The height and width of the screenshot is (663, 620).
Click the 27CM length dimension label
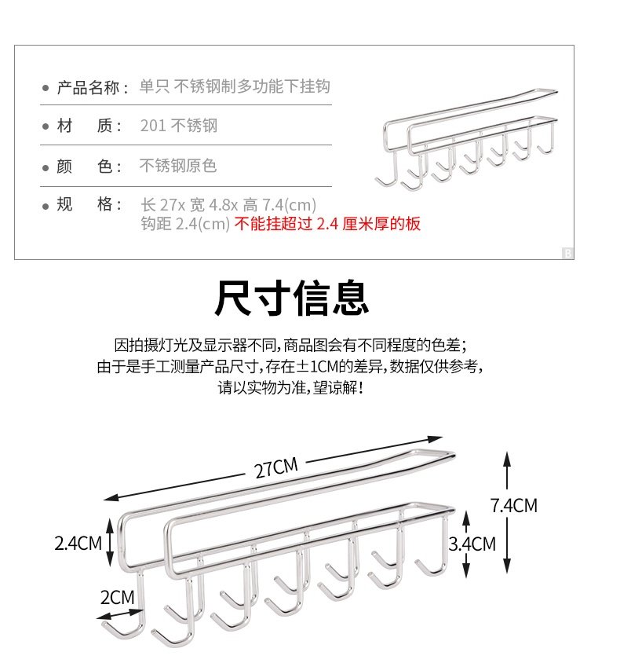click(276, 467)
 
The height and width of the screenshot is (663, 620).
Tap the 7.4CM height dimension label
click(514, 505)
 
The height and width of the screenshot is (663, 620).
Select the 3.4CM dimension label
click(472, 543)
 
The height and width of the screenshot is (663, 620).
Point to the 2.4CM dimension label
click(78, 542)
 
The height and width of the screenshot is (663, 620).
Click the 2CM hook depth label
click(118, 597)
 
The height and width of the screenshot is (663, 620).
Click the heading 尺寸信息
click(292, 299)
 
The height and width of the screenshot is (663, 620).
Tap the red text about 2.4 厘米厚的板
click(329, 224)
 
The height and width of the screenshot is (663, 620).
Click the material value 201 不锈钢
click(178, 126)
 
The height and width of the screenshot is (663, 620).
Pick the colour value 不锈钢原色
click(177, 166)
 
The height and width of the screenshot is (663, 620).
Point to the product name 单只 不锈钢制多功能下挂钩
click(235, 86)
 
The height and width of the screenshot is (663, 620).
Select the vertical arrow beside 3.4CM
click(466, 542)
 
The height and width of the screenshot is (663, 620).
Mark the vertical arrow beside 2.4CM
click(111, 541)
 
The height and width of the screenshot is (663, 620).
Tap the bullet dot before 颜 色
click(46, 167)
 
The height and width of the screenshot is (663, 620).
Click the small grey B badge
click(567, 253)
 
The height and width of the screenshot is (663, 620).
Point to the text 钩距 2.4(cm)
click(185, 224)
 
